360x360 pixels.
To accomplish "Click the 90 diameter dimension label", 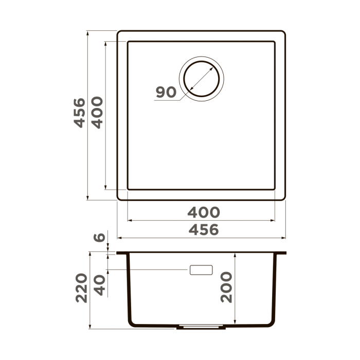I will [x=166, y=93].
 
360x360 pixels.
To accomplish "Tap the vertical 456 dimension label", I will [x=79, y=113].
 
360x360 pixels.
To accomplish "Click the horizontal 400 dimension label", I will [x=203, y=212].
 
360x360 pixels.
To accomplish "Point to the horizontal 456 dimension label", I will [x=203, y=230].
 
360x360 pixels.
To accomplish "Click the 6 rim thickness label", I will [x=100, y=238].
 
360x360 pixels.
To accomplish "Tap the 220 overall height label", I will [x=81, y=288].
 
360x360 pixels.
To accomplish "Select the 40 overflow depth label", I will [x=100, y=285].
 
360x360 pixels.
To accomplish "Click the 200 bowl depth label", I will [x=226, y=287].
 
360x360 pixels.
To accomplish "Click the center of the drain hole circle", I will [x=201, y=79].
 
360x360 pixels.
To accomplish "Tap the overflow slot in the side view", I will [x=201, y=269].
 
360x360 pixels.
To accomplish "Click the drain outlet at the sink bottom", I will [x=201, y=327].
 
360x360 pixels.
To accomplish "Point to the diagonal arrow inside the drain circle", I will [x=201, y=79].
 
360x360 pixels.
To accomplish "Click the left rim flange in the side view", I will [x=122, y=253].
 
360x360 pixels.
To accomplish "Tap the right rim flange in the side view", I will [x=281, y=253].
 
